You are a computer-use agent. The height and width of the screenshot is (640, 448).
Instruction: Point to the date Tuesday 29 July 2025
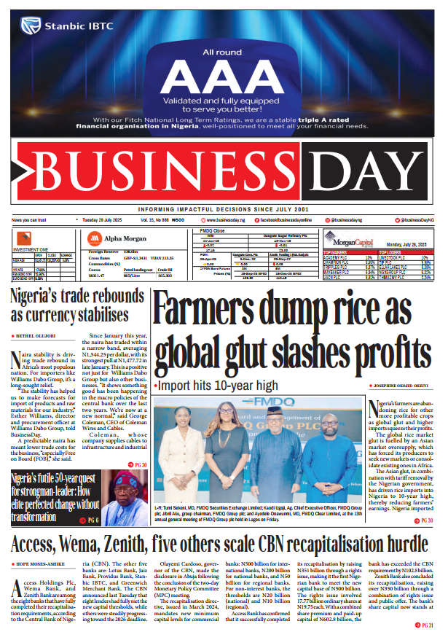[103, 219]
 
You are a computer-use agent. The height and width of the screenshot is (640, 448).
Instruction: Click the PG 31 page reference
[424, 626]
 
